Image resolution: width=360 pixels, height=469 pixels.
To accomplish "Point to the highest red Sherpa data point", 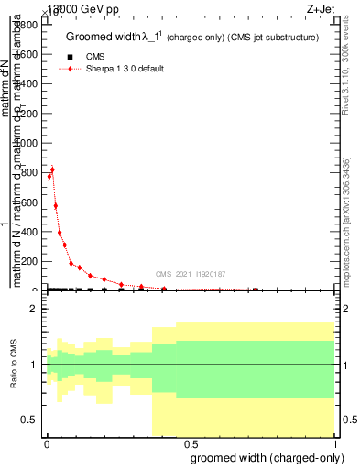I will pyautogui.click(x=52, y=169).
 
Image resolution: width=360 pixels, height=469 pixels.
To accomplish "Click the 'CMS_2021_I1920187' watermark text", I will pyautogui.click(x=191, y=274).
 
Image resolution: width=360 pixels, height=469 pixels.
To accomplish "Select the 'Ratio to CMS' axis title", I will pyautogui.click(x=15, y=365).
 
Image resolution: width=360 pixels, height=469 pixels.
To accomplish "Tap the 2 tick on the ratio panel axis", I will pyautogui.click(x=34, y=310).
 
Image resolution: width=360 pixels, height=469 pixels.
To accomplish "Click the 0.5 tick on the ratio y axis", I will pyautogui.click(x=30, y=420).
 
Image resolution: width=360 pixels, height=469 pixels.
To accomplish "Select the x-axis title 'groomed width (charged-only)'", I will pyautogui.click(x=267, y=457).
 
